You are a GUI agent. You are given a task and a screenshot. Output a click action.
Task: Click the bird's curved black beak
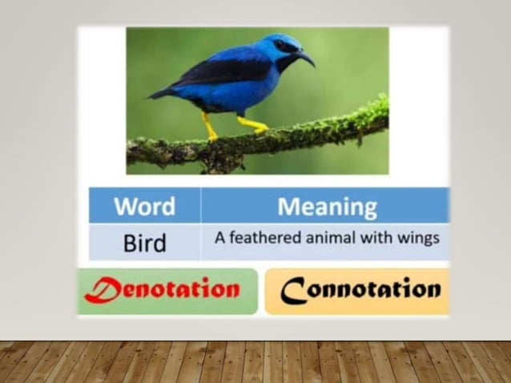[x=306, y=58]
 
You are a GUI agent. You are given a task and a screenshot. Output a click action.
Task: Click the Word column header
[x=144, y=206]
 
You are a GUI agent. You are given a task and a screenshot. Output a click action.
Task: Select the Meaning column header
[x=327, y=206]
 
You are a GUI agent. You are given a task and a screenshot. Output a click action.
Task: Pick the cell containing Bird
[x=144, y=243]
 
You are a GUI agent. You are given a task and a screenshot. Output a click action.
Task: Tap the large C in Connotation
[x=292, y=290]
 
